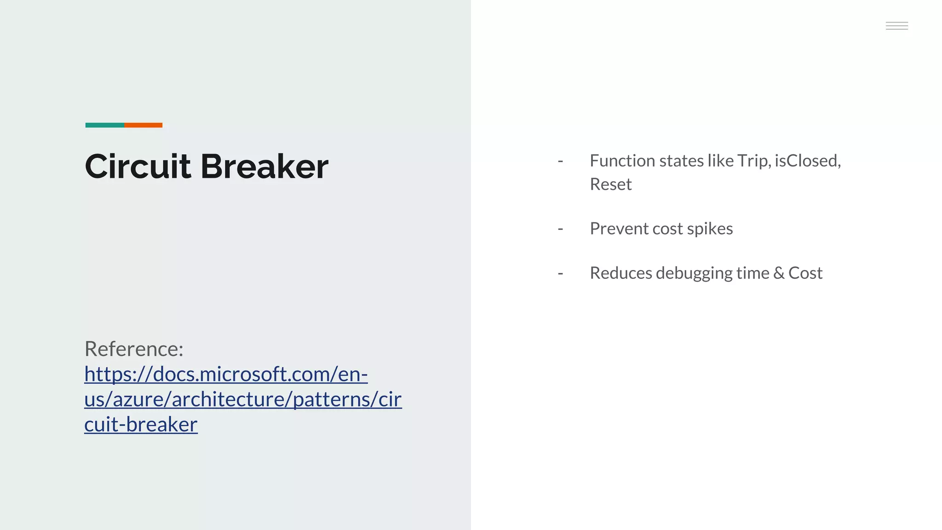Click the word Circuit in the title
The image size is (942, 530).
pyautogui.click(x=138, y=166)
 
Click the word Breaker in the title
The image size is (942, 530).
pyautogui.click(x=264, y=166)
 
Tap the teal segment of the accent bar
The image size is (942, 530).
pyautogui.click(x=104, y=125)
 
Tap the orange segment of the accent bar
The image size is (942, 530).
pyautogui.click(x=143, y=125)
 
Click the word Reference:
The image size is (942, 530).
pyautogui.click(x=134, y=349)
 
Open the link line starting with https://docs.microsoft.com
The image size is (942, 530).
pyautogui.click(x=226, y=374)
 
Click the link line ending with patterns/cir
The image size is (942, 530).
pyautogui.click(x=243, y=399)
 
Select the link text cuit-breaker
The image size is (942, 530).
pyautogui.click(x=141, y=424)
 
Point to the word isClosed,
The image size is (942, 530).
pyautogui.click(x=808, y=161)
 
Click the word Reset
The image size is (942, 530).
pyautogui.click(x=610, y=184)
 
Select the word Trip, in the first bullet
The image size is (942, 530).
pyautogui.click(x=754, y=161)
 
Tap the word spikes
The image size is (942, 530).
pyautogui.click(x=710, y=229)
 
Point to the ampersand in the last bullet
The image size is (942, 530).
pyautogui.click(x=779, y=273)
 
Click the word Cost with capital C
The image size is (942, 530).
pyautogui.click(x=805, y=273)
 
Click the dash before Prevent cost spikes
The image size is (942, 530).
pyautogui.click(x=560, y=229)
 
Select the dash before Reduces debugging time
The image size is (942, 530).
pyautogui.click(x=560, y=273)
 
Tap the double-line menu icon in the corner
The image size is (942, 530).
pyautogui.click(x=896, y=26)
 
